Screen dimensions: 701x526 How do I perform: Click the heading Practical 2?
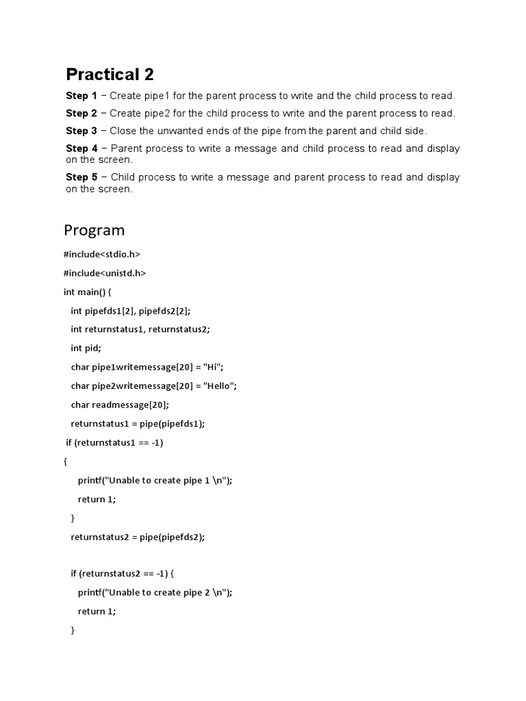110,74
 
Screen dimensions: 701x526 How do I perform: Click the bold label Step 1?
82,96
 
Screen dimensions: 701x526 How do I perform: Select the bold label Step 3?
82,131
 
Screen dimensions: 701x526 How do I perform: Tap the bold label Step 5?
82,177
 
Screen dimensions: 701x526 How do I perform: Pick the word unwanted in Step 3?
177,131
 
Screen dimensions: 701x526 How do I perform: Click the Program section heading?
95,229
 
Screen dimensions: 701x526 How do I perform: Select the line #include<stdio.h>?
101,254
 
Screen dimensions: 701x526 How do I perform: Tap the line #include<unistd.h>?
105,273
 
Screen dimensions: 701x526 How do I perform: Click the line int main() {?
92,292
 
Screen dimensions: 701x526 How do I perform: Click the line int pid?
86,348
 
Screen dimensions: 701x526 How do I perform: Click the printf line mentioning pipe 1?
155,481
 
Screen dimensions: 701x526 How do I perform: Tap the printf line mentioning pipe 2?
155,593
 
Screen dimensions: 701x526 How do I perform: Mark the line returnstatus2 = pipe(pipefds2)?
138,537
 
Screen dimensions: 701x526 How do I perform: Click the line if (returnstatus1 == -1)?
114,442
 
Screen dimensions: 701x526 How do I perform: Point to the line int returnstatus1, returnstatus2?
140,329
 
